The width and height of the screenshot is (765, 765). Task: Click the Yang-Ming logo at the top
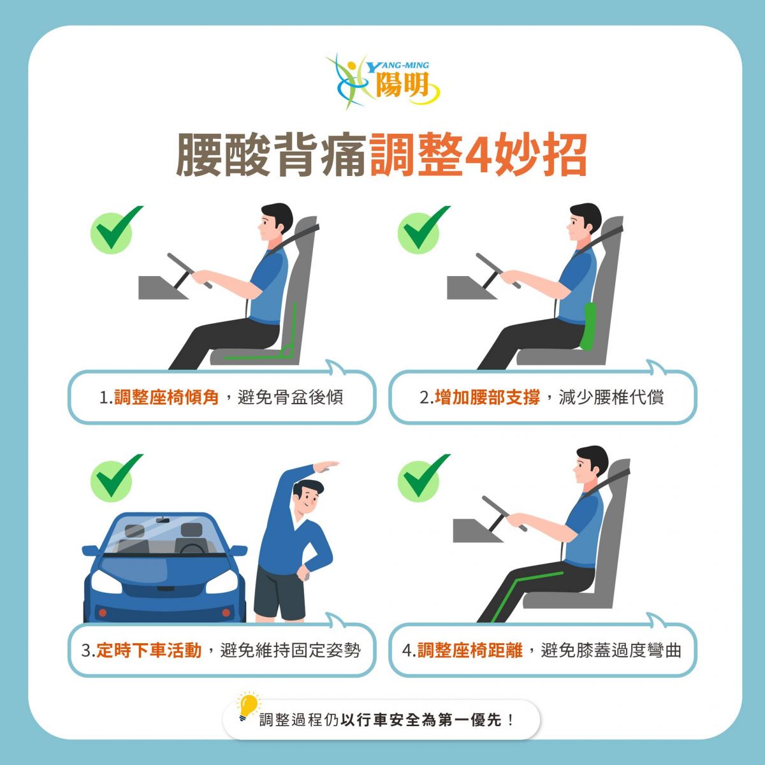tap(382, 81)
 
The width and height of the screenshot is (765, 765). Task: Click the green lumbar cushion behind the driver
tap(588, 326)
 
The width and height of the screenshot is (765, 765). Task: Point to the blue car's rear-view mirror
tap(163, 520)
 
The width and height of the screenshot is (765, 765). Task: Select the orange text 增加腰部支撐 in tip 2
tap(488, 397)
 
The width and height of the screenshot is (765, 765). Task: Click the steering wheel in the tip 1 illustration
tap(189, 271)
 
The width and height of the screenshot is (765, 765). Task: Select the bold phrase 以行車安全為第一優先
tap(421, 720)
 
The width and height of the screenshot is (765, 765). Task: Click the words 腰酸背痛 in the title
tap(271, 155)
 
